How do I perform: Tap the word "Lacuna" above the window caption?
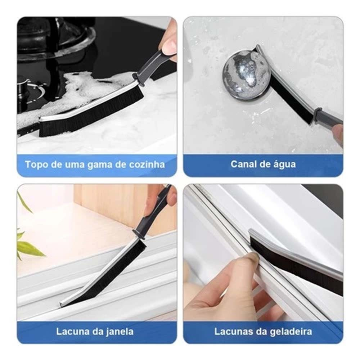(70, 332)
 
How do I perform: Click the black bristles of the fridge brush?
(296, 269)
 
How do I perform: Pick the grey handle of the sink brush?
(329, 117)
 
